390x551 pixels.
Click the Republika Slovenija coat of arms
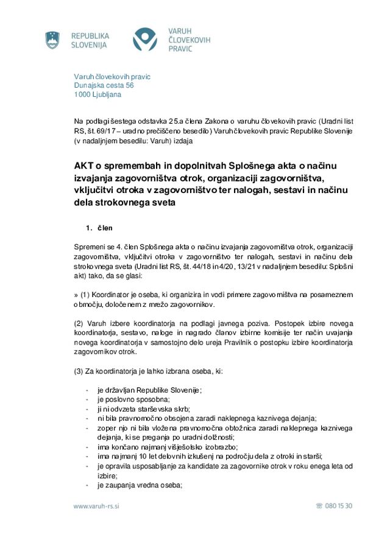(53, 40)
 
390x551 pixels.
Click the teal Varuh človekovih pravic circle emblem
(145, 40)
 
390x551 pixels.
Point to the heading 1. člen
(99, 228)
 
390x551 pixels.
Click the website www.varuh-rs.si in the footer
(96, 506)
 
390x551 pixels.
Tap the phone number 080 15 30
(338, 506)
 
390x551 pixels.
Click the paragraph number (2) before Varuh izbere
(79, 323)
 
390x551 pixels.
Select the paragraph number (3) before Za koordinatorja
(79, 371)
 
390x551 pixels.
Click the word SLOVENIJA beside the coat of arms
(89, 45)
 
